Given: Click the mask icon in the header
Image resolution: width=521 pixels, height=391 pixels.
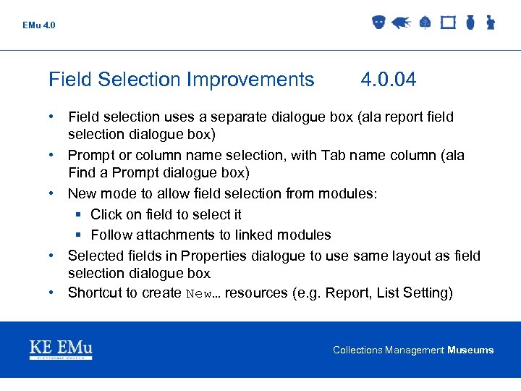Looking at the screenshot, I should click(x=378, y=23).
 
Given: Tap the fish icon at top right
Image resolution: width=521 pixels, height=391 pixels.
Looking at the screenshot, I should click(x=400, y=23).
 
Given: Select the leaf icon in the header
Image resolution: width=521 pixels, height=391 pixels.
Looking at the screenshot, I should click(x=425, y=23).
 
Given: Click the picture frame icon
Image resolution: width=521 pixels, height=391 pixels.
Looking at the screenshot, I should click(x=448, y=23).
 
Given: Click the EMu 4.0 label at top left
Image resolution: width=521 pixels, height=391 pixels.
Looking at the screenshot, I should click(x=38, y=25).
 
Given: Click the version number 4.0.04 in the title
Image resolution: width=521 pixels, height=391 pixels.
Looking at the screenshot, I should click(x=389, y=80).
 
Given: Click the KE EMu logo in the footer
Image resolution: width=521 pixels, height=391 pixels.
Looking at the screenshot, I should click(x=61, y=349).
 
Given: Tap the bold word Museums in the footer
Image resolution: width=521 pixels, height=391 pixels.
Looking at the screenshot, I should click(x=470, y=350).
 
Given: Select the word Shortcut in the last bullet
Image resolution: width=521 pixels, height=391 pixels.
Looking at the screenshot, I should click(x=94, y=293).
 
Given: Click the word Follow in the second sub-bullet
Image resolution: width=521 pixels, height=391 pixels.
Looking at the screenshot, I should click(x=109, y=235).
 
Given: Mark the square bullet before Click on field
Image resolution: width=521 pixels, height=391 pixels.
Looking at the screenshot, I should click(x=80, y=215).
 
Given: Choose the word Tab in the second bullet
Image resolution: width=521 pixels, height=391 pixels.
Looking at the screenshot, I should click(x=338, y=155).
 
